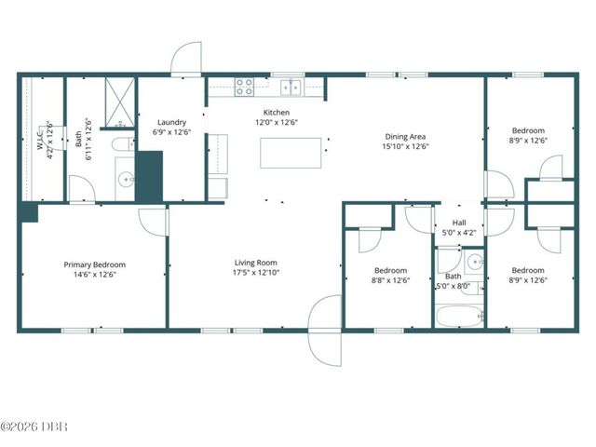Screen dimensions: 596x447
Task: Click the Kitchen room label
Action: [x=277, y=113]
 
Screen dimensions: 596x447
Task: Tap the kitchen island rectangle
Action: [x=291, y=153]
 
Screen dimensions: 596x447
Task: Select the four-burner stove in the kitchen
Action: [x=244, y=87]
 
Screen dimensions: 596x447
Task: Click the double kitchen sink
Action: [x=291, y=88]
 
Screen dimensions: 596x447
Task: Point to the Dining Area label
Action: [x=405, y=137]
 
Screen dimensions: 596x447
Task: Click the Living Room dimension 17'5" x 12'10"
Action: [x=256, y=273]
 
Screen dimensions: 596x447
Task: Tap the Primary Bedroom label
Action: [x=95, y=264]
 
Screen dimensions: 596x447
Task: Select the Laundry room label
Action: [x=171, y=122]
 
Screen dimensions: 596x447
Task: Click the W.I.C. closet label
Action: [x=40, y=140]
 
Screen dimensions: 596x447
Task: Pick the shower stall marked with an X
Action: [x=120, y=102]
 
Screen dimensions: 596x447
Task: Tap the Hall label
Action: [x=459, y=223]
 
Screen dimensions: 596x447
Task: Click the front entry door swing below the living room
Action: [x=325, y=331]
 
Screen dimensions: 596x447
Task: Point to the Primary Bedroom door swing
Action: [x=153, y=223]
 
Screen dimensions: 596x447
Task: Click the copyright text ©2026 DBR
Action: [x=34, y=427]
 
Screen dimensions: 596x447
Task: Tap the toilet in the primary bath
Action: [x=123, y=144]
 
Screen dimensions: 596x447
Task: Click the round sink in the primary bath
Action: [x=126, y=179]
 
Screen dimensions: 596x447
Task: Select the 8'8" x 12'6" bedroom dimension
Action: [x=390, y=280]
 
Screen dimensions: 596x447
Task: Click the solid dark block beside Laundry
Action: [x=149, y=176]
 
